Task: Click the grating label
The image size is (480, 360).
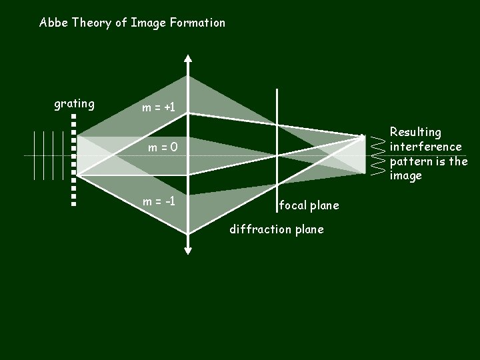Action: tap(74, 104)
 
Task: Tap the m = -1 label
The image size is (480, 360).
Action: tap(158, 200)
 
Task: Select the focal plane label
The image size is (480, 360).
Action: tap(309, 205)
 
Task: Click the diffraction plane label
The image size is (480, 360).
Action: tap(276, 229)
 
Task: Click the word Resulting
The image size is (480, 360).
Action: tap(415, 132)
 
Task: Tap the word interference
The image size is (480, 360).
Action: tap(425, 147)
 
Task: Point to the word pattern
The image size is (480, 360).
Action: tap(411, 161)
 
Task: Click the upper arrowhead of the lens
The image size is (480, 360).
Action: tap(189, 59)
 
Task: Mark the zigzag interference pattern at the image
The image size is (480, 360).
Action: tap(378, 155)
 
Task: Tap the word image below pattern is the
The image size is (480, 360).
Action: tap(406, 176)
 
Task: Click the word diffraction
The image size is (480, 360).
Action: tap(258, 229)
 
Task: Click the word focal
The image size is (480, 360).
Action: tap(293, 205)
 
